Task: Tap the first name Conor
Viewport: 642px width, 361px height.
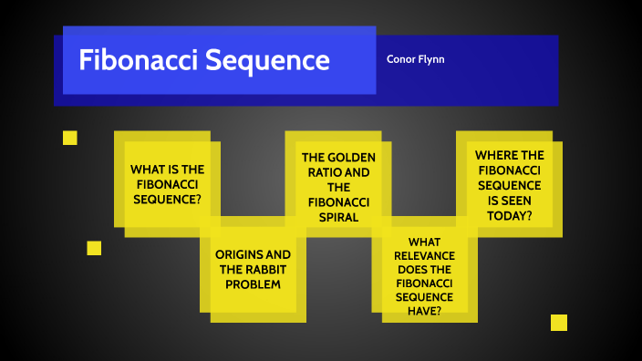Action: [402, 59]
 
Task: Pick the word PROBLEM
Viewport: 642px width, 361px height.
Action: [254, 284]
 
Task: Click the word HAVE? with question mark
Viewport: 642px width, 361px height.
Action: [425, 311]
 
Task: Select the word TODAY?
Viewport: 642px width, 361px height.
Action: [510, 215]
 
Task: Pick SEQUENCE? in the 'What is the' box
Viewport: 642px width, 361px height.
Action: [167, 199]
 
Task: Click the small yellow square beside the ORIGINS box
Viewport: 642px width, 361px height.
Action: [94, 248]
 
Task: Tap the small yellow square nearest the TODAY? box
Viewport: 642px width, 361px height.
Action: [559, 323]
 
